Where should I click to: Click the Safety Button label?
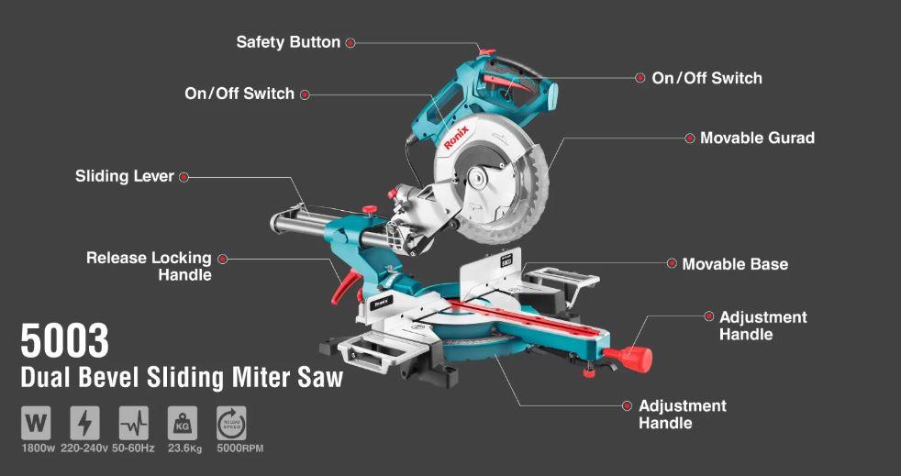(x=288, y=42)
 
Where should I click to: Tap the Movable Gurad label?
(x=757, y=138)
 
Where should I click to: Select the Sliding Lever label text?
(x=124, y=176)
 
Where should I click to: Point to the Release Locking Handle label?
(x=149, y=266)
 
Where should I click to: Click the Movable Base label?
(x=735, y=264)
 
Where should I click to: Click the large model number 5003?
(x=64, y=341)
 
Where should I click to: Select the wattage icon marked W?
(x=36, y=423)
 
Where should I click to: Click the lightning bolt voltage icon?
(x=84, y=423)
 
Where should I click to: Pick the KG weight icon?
(x=183, y=423)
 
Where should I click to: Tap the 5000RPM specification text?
(x=239, y=448)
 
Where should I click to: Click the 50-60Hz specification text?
(x=133, y=448)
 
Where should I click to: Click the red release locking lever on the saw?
(x=346, y=285)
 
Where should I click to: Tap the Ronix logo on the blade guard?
(x=456, y=138)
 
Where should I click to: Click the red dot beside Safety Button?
(x=350, y=42)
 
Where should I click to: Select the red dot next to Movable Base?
(x=671, y=263)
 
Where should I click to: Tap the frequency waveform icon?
(x=133, y=423)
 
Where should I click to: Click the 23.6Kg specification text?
(x=184, y=448)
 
